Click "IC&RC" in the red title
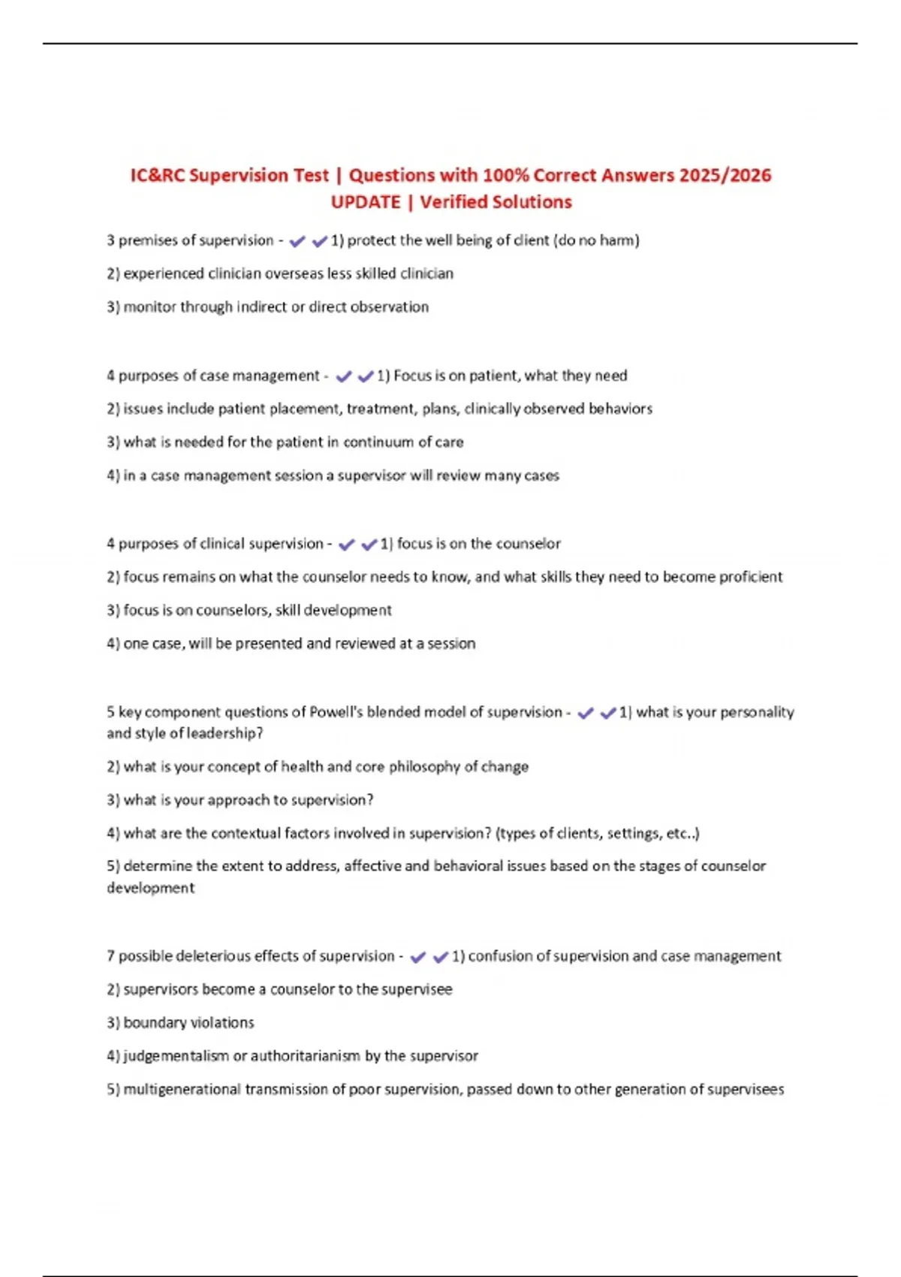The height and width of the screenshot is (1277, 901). [157, 175]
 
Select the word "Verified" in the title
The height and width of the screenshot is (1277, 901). [453, 202]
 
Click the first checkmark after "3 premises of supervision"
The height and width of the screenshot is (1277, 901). [297, 241]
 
